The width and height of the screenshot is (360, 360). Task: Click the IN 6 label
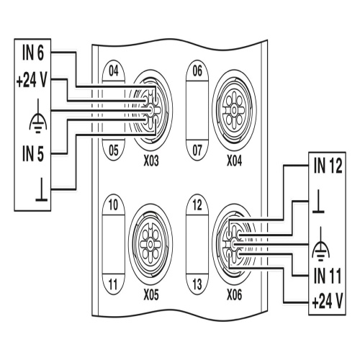(x=33, y=53)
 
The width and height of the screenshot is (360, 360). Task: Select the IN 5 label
(x=33, y=153)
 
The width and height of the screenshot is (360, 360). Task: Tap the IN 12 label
(x=328, y=166)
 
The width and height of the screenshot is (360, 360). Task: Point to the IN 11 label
(x=328, y=276)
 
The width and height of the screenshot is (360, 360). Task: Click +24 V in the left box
(x=32, y=81)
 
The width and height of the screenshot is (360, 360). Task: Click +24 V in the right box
(x=328, y=302)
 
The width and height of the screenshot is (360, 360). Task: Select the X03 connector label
(x=151, y=161)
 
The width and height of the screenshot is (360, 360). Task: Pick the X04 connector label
(x=235, y=161)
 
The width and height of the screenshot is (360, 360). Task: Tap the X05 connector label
(x=151, y=295)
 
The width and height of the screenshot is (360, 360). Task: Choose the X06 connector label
(x=235, y=295)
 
